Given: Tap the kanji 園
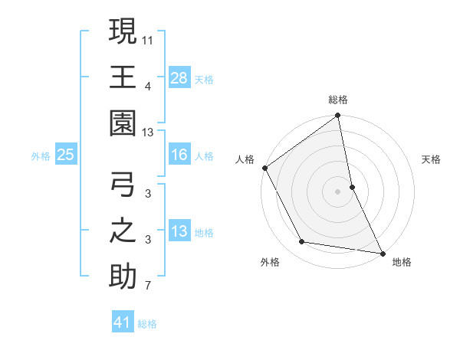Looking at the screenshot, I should click(123, 123).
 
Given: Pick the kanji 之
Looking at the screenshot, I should click(123, 231).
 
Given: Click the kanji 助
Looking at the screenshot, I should click(123, 277).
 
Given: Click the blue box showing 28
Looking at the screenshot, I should click(179, 77).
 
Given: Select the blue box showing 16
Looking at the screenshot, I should click(179, 155).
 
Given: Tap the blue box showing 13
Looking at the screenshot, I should click(179, 231).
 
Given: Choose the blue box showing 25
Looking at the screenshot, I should click(65, 155).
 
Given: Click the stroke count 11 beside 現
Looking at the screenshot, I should click(149, 38).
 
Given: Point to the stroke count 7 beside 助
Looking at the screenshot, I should click(149, 286).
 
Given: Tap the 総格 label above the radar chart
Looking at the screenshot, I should click(338, 100).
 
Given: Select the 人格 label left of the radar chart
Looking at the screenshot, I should click(245, 159).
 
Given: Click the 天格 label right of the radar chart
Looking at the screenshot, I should click(432, 159).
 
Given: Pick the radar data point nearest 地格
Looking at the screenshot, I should click(381, 252).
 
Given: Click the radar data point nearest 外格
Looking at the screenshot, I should click(302, 242).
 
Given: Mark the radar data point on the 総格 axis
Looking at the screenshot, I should click(338, 116).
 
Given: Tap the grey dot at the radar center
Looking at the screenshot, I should click(338, 191).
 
